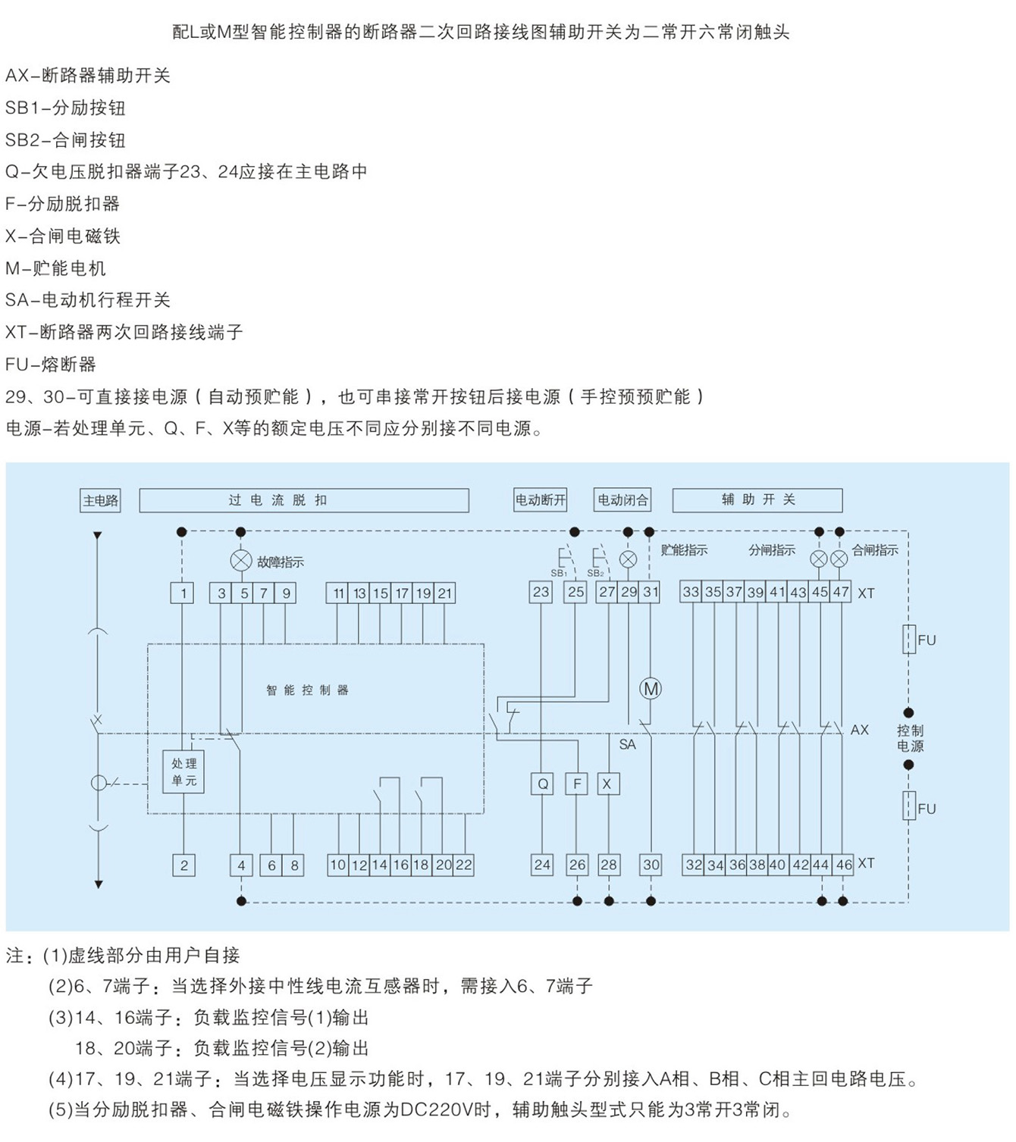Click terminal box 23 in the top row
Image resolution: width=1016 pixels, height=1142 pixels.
pos(541,592)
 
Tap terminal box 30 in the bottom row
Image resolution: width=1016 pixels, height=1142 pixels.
pos(651,865)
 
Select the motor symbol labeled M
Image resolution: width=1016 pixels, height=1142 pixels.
pos(651,688)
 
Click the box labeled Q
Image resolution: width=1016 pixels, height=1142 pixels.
pos(542,784)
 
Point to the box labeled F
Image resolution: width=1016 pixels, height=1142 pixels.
pos(576,784)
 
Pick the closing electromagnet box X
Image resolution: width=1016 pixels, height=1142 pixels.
pos(607,784)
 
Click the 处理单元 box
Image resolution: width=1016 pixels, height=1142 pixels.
pos(183,771)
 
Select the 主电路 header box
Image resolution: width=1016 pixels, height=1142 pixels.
pos(100,501)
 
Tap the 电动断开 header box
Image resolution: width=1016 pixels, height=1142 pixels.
pos(540,500)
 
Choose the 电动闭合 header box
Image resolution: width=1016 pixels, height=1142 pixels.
pos(622,500)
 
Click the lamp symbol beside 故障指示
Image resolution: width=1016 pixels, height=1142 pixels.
pos(241,561)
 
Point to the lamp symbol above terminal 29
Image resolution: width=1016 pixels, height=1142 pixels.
pos(628,559)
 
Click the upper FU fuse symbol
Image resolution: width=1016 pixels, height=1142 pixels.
pos(909,639)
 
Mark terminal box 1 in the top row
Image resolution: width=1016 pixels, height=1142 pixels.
pos(182,593)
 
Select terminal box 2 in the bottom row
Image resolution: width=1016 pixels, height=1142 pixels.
pos(184,865)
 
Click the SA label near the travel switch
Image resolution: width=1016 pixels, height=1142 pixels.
pos(627,745)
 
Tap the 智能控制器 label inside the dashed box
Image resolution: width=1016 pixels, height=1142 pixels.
pos(307,690)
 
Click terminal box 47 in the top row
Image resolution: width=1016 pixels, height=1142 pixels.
pos(841,592)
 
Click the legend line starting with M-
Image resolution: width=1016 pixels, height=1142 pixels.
pos(55,268)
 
